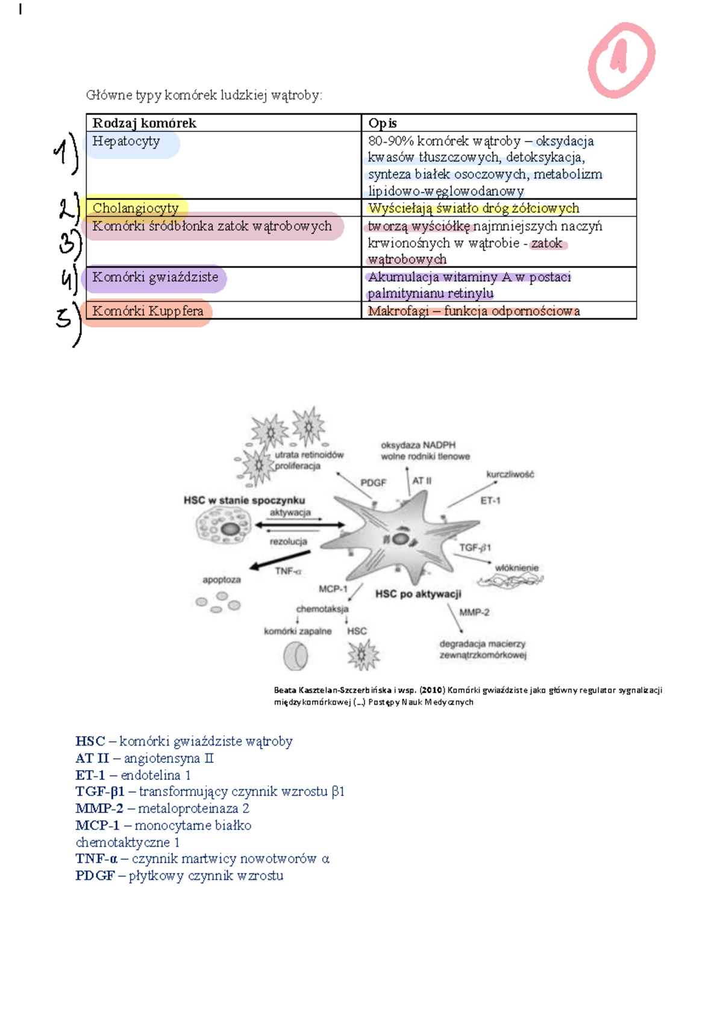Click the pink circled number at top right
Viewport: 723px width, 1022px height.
click(621, 60)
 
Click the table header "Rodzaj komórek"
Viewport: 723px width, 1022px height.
click(144, 123)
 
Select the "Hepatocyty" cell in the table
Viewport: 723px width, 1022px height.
click(126, 142)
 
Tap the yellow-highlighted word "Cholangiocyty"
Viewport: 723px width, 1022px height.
click(136, 208)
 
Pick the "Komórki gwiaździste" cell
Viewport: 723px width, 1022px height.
click(155, 278)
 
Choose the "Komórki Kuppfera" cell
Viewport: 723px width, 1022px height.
click(148, 311)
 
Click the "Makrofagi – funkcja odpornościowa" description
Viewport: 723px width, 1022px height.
click(474, 311)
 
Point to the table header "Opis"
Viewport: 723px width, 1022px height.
click(383, 123)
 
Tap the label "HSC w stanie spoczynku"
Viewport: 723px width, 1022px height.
click(244, 500)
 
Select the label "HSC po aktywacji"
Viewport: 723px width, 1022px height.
click(418, 594)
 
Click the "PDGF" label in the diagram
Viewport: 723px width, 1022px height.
click(373, 482)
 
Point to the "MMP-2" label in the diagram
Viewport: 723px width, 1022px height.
click(474, 612)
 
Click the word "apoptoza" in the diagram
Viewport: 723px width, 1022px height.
click(222, 580)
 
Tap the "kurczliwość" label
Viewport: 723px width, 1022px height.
click(510, 475)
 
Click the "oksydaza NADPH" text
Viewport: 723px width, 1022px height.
click(418, 445)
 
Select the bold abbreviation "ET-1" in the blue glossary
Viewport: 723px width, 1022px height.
click(90, 775)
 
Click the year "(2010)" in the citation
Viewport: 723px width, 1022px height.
click(432, 690)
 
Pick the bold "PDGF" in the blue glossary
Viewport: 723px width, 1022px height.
click(95, 876)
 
